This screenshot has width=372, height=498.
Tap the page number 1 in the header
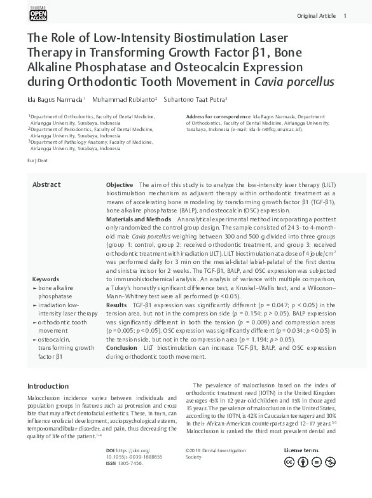pyautogui.click(x=345, y=16)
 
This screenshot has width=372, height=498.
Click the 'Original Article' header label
pyautogui.click(x=316, y=16)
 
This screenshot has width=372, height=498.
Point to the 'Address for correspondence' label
pyautogui.click(x=218, y=117)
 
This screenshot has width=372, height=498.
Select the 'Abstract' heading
pyautogui.click(x=46, y=185)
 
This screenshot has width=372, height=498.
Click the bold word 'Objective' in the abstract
pyautogui.click(x=120, y=185)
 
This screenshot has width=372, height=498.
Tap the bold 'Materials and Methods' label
pyautogui.click(x=139, y=219)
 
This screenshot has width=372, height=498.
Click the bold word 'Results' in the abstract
pyautogui.click(x=116, y=305)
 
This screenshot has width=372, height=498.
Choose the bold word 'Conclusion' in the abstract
pyautogui.click(x=121, y=348)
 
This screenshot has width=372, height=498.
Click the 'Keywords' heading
pyautogui.click(x=46, y=280)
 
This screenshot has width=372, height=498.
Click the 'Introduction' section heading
pyautogui.click(x=48, y=386)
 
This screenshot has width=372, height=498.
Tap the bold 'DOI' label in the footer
pyautogui.click(x=111, y=450)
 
